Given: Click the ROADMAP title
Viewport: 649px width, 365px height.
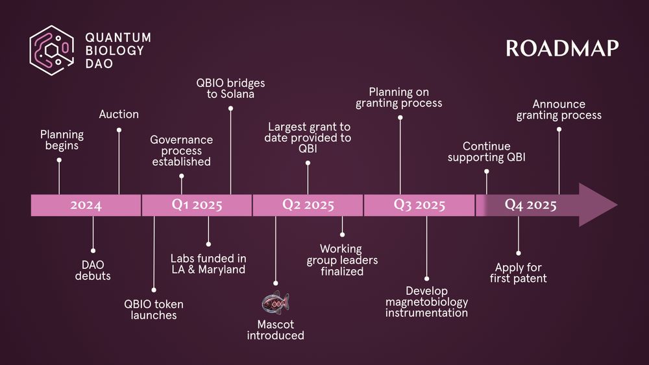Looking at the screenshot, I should tap(562, 49).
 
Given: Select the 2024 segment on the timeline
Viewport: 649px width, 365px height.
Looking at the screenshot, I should tap(86, 206).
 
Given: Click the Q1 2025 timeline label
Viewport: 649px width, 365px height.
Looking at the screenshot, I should tap(197, 206).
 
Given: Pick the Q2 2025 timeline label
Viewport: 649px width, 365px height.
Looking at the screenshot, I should tap(308, 206).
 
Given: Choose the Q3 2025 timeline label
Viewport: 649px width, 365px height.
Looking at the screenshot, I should tap(419, 206).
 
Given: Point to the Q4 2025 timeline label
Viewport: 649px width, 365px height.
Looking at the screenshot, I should tap(531, 206).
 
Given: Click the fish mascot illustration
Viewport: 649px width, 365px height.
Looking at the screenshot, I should tap(275, 301).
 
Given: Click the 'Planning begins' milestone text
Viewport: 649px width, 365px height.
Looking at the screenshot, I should tap(62, 140).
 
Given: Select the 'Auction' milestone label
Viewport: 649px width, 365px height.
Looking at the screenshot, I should tap(119, 114).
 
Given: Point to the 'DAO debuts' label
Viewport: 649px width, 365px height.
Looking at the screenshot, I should tap(93, 270).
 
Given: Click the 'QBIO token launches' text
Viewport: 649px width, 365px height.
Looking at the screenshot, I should tap(154, 310).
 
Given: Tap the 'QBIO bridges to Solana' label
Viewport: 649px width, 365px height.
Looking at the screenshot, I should tap(230, 89).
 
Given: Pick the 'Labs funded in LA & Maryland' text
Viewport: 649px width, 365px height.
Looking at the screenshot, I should tap(208, 264).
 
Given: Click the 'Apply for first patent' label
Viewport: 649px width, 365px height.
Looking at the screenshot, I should tap(519, 273).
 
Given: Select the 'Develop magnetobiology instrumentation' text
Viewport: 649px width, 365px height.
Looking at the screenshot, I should tap(426, 302).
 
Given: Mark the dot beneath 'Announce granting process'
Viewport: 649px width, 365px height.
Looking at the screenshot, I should tap(559, 129).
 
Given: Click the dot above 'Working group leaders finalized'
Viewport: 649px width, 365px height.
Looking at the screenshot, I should tap(342, 235).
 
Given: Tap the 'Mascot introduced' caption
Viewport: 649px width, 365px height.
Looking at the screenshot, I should tap(275, 329).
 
